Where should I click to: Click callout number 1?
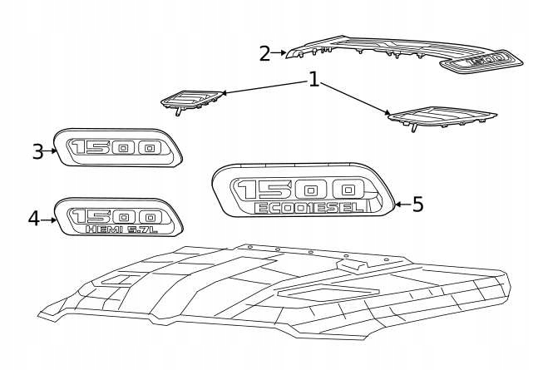click(313, 80)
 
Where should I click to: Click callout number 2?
click(264, 54)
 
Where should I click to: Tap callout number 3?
click(37, 151)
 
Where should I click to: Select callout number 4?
click(33, 219)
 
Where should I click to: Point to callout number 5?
click(417, 204)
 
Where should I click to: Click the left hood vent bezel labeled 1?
click(192, 99)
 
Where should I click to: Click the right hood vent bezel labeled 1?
click(442, 116)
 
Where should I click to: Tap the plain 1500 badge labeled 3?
click(116, 148)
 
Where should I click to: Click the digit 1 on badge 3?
click(80, 147)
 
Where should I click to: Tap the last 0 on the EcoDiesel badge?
click(345, 189)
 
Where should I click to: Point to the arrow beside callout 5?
click(400, 204)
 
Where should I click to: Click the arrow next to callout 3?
click(52, 150)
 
